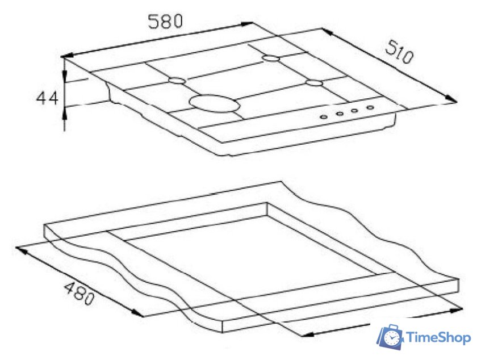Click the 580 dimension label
pyautogui.click(x=165, y=22)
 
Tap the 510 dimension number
pyautogui.click(x=399, y=53)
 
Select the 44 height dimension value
pyautogui.click(x=47, y=98)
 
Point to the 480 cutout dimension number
pyautogui.click(x=78, y=293)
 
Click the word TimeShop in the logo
pyautogui.click(x=438, y=337)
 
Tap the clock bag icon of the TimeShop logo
pyautogui.click(x=390, y=337)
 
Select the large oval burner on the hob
pyautogui.click(x=215, y=103)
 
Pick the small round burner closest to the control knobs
pyautogui.click(x=314, y=83)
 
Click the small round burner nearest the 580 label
pyautogui.click(x=177, y=81)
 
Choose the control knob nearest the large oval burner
pyautogui.click(x=324, y=116)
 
